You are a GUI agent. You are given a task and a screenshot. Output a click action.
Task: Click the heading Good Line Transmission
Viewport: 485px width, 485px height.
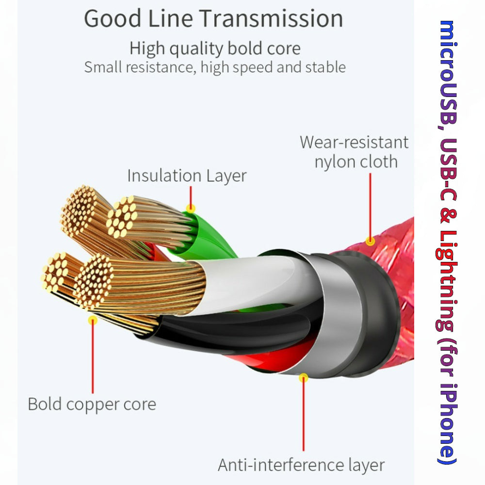pos(213,18)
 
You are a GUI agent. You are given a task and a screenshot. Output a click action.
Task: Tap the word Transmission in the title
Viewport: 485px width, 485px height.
pos(272,18)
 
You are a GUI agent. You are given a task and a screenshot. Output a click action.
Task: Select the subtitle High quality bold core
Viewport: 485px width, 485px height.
pos(215,48)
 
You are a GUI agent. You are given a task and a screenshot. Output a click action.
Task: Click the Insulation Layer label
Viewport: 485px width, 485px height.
pos(187,176)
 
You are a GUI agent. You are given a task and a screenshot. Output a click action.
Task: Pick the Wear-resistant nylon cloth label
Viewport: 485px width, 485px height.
pos(355,152)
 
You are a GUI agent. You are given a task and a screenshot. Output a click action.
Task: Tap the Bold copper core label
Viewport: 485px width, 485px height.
pos(92,404)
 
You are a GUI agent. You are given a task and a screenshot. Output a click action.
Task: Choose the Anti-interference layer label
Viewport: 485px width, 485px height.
pos(301,465)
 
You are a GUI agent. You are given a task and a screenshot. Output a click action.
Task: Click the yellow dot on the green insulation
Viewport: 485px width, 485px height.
pos(191,209)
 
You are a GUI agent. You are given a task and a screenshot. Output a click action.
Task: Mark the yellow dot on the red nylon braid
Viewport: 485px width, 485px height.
pos(370,241)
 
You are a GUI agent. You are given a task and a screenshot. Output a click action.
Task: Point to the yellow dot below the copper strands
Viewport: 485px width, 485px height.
pos(92,320)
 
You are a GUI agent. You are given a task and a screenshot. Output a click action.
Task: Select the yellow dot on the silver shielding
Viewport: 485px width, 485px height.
pos(304,377)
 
